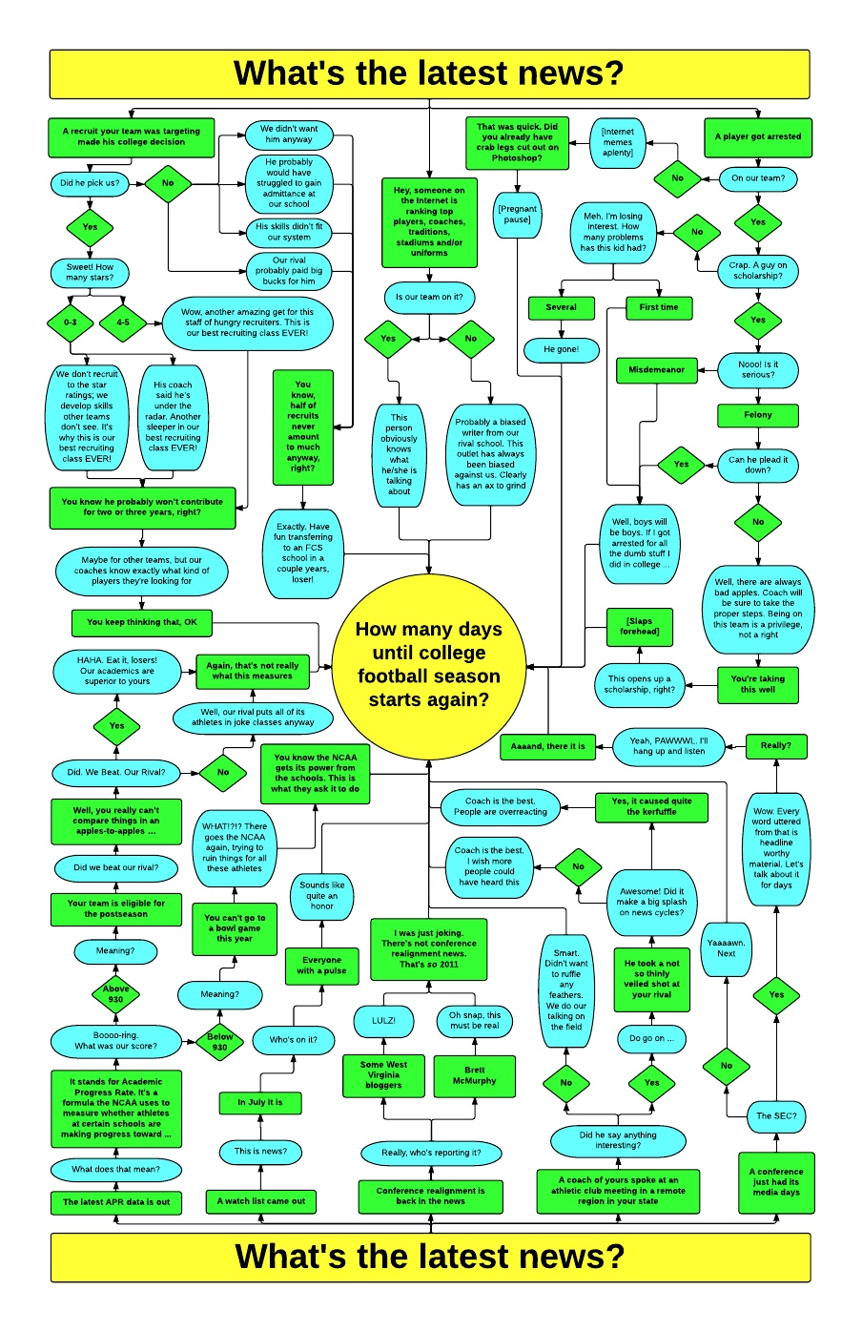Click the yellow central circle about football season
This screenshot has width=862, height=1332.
[x=429, y=664]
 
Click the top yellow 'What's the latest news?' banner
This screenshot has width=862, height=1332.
[x=429, y=74]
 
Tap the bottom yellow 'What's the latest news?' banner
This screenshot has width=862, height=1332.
[x=429, y=1257]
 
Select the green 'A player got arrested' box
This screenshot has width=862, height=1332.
[x=758, y=136]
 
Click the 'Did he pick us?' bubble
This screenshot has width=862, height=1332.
[x=90, y=183]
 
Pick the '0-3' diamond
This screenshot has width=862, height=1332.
[x=71, y=323]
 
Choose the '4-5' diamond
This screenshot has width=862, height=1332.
[x=123, y=323]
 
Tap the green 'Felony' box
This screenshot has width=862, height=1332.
[x=758, y=415]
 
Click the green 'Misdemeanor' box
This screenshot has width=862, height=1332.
[x=657, y=369]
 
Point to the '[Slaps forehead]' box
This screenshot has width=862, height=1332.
[x=640, y=626]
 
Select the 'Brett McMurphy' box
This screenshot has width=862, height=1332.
[x=475, y=1075]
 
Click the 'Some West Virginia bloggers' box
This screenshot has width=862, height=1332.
[x=383, y=1074]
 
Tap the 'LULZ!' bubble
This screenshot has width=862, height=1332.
[x=383, y=1020]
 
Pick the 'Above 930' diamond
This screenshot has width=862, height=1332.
[x=115, y=994]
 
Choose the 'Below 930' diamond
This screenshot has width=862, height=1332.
[x=219, y=1042]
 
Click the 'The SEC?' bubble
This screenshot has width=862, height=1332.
[x=776, y=1115]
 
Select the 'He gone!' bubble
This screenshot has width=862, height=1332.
[x=561, y=349]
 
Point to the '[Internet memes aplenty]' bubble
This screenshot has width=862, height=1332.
[x=618, y=142]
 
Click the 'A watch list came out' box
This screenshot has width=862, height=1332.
[x=261, y=1201]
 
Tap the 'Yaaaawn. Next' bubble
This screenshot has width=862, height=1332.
[x=727, y=947]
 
